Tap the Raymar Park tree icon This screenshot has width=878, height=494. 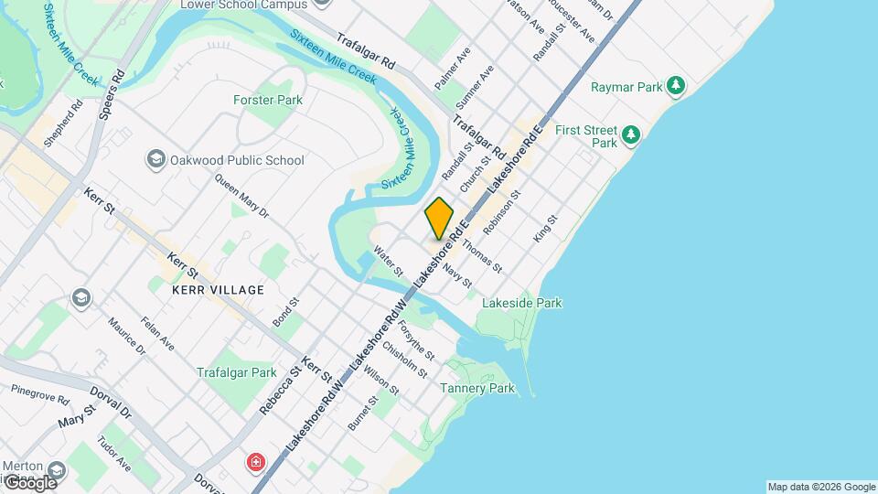click(x=676, y=86)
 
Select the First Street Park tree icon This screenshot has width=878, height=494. click(x=630, y=135)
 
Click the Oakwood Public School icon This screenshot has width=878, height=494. click(x=155, y=160)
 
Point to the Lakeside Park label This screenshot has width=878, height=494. click(x=521, y=303)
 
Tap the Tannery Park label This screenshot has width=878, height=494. click(x=477, y=389)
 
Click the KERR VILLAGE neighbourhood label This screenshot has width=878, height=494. click(x=218, y=290)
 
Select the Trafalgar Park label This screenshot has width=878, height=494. click(x=236, y=372)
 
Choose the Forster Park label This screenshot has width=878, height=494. click(x=268, y=99)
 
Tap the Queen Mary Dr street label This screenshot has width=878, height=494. click(x=241, y=198)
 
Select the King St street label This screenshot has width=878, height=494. click(x=545, y=230)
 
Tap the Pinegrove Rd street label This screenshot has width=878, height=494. click(x=40, y=394)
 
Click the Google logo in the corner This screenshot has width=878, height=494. click(x=29, y=482)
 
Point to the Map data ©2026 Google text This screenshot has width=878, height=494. click(x=820, y=487)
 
